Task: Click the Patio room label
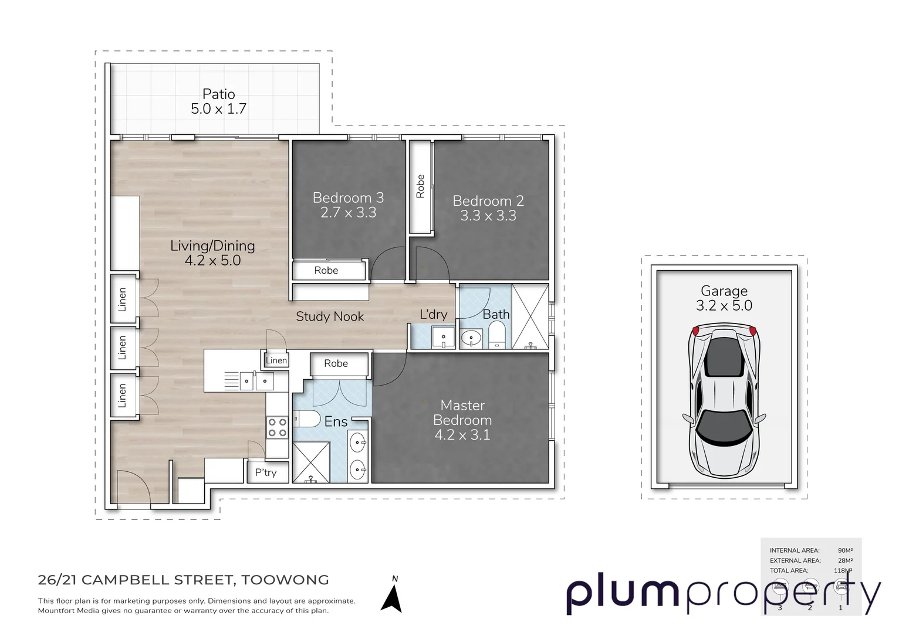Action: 218,94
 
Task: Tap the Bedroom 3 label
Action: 348,198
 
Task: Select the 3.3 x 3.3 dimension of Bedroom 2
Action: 488,216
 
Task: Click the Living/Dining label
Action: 212,246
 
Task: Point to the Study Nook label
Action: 330,316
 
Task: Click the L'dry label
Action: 433,315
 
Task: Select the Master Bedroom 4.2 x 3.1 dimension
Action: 462,435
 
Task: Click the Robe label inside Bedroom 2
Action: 420,186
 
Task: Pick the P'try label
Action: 266,472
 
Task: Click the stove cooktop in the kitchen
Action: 277,428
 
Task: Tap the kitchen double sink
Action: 256,382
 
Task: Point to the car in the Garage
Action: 724,401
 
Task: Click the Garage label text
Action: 724,291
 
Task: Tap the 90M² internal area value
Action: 844,550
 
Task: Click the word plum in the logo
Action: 622,593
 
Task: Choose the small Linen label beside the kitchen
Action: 276,360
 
